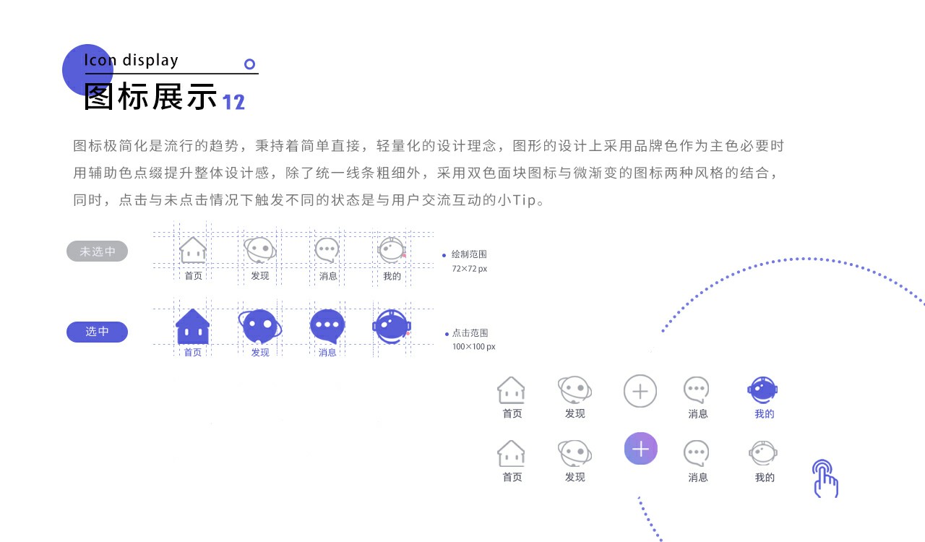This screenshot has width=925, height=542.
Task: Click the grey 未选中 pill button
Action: pyautogui.click(x=97, y=251)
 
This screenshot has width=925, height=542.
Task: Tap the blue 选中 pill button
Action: pyautogui.click(x=97, y=332)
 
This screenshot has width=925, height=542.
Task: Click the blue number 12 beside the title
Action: pyautogui.click(x=233, y=102)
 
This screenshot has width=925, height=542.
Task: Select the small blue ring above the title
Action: pyautogui.click(x=249, y=64)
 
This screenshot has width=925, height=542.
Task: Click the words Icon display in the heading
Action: pyautogui.click(x=131, y=60)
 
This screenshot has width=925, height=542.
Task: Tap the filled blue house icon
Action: pyautogui.click(x=192, y=327)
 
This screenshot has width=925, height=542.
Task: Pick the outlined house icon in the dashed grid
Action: pyautogui.click(x=193, y=250)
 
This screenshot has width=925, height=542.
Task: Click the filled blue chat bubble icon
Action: pyautogui.click(x=327, y=326)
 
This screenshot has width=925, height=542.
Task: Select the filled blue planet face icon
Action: pyautogui.click(x=260, y=326)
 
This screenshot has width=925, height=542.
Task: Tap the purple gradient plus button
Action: pyautogui.click(x=640, y=449)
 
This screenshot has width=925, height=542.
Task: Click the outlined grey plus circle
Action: pyautogui.click(x=640, y=391)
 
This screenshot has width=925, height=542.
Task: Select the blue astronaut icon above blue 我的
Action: pyautogui.click(x=762, y=390)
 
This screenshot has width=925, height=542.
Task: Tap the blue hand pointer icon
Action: pyautogui.click(x=825, y=478)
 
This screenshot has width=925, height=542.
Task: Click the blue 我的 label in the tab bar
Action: pyautogui.click(x=765, y=413)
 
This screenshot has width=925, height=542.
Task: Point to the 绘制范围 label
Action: pyautogui.click(x=469, y=254)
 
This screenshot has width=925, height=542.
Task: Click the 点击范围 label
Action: pyautogui.click(x=470, y=332)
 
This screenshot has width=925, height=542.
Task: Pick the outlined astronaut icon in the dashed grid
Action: pyautogui.click(x=392, y=250)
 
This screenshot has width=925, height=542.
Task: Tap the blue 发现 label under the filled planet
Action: pyautogui.click(x=260, y=353)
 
